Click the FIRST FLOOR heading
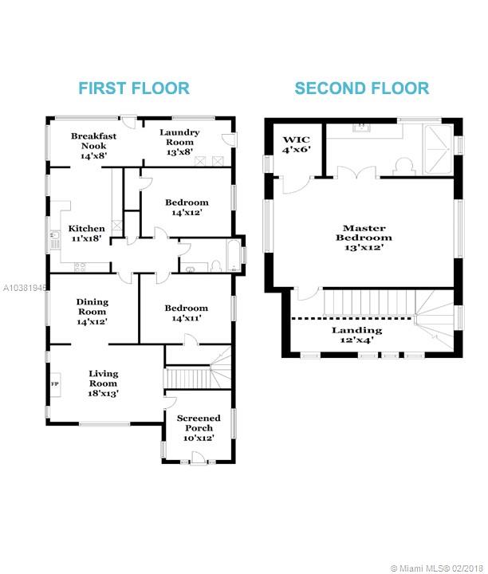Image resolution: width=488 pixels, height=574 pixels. (134, 88)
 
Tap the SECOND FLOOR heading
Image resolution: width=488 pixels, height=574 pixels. (362, 88)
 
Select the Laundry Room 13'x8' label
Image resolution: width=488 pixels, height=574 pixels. (179, 142)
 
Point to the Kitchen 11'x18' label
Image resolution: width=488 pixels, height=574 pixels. (86, 234)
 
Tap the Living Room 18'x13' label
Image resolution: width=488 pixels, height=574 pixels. (103, 383)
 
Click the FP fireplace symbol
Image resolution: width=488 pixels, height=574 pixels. (56, 383)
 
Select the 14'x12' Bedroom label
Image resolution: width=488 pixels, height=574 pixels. (187, 207)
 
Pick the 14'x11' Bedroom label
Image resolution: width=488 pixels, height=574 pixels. (187, 313)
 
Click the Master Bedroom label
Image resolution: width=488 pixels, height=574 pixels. (364, 238)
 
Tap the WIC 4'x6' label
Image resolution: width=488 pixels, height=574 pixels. (297, 144)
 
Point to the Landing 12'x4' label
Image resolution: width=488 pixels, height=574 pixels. (356, 335)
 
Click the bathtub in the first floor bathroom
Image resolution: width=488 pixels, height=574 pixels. (234, 255)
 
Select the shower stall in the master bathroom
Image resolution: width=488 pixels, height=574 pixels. (438, 150)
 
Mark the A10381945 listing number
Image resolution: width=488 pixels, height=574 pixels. (24, 288)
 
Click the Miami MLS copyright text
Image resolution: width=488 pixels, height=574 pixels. (438, 568)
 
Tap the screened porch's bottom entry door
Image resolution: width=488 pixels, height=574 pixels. (198, 458)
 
